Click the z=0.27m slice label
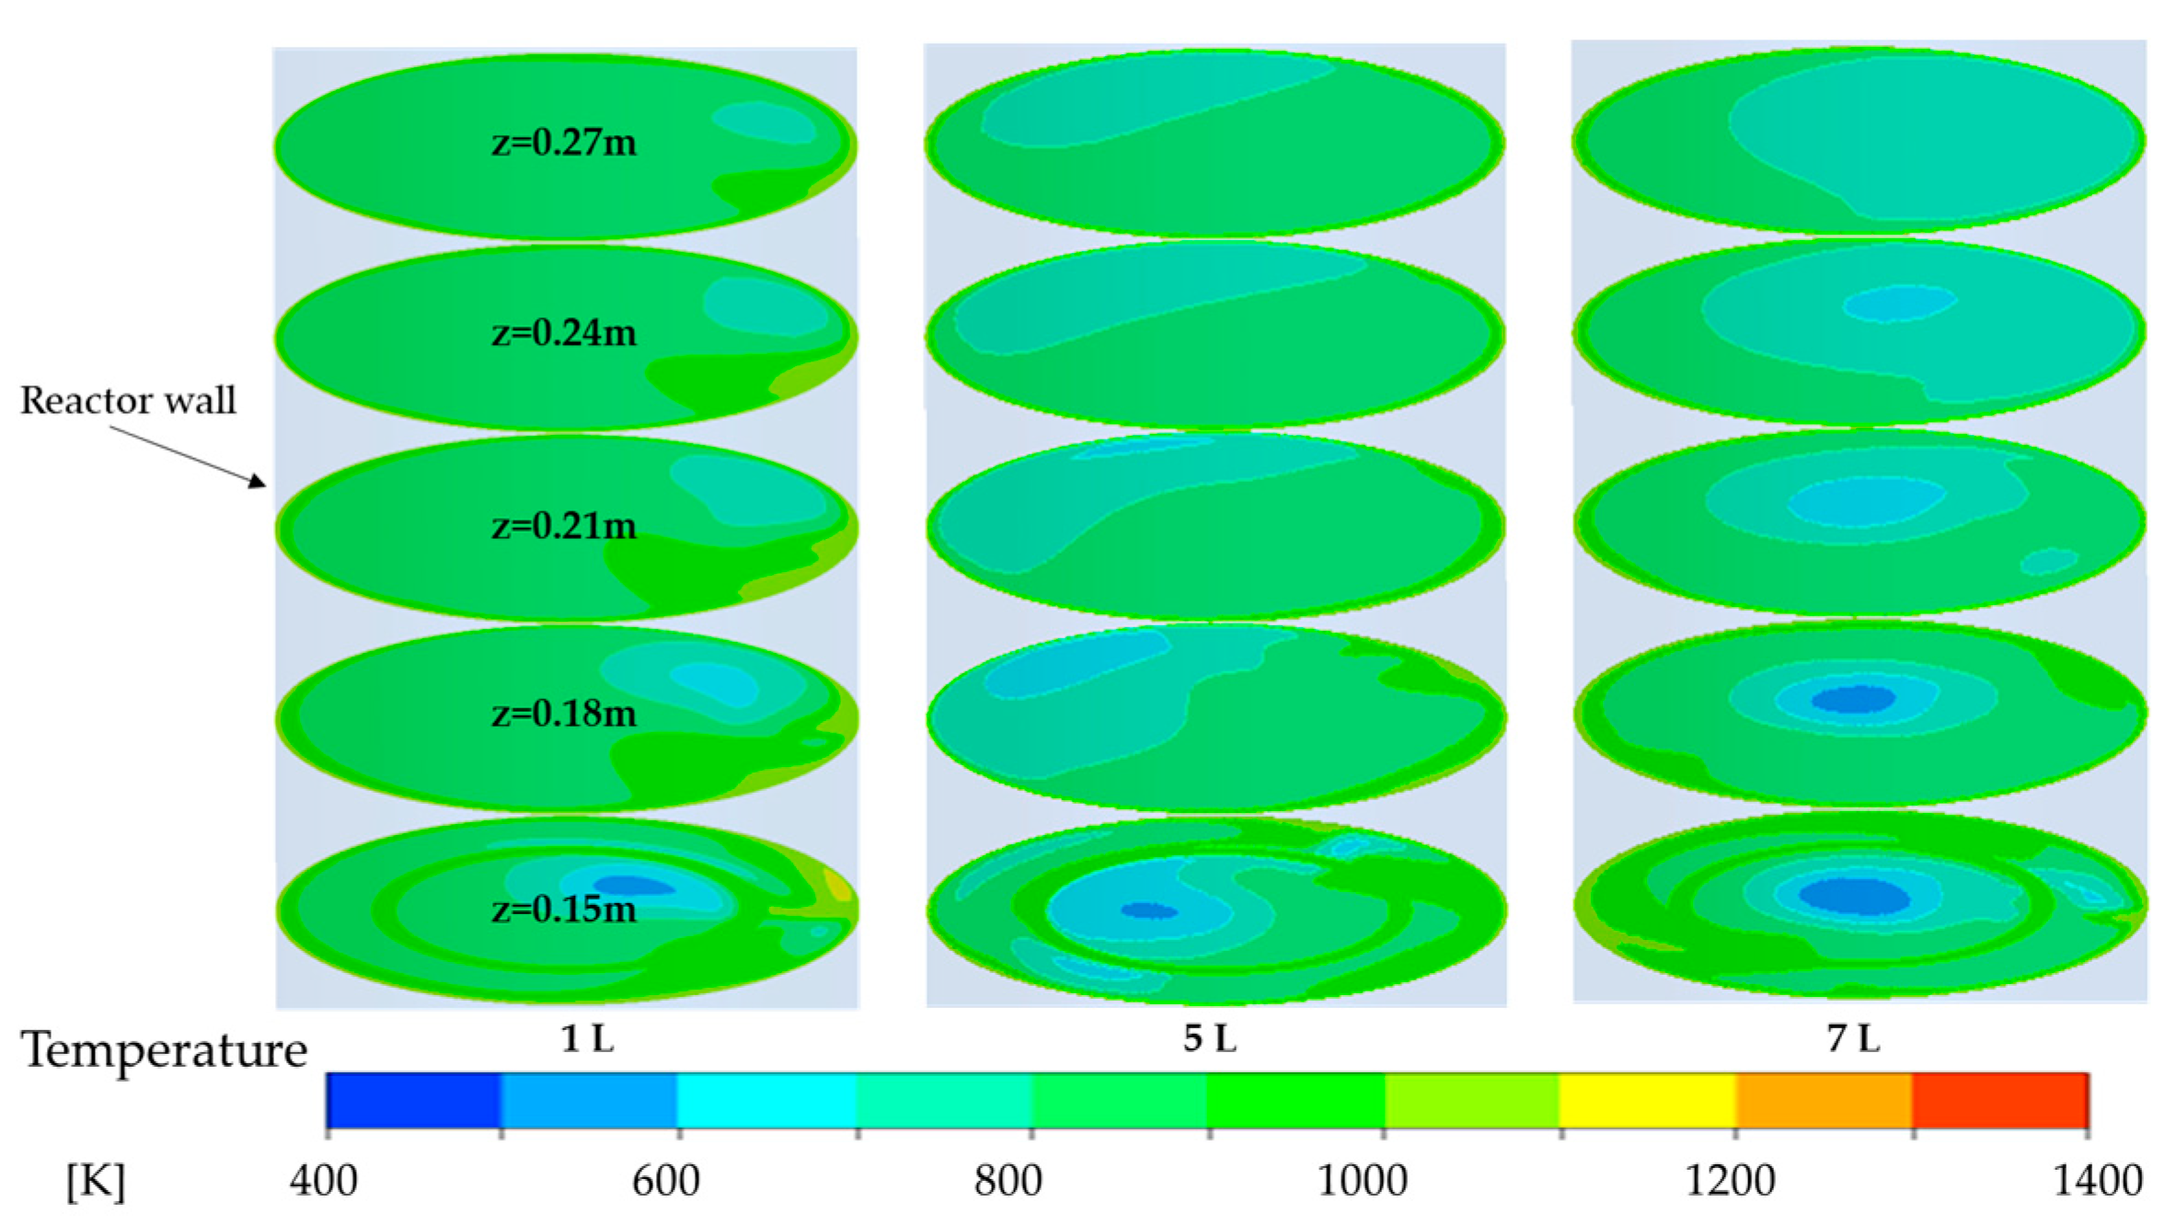[x=563, y=143]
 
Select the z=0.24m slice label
[x=563, y=333]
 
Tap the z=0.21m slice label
[x=563, y=526]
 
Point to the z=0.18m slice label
[x=563, y=714]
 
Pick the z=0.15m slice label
[x=563, y=910]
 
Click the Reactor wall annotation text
[x=128, y=400]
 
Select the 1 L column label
[x=587, y=1038]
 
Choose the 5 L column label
[x=1209, y=1038]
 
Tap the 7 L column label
[x=1853, y=1038]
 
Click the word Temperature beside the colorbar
[x=164, y=1049]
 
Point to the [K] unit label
[x=95, y=1181]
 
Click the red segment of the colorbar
[x=1999, y=1100]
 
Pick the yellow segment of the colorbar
[x=1647, y=1100]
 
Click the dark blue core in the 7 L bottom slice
[x=1854, y=896]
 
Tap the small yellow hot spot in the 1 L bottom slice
[x=837, y=885]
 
